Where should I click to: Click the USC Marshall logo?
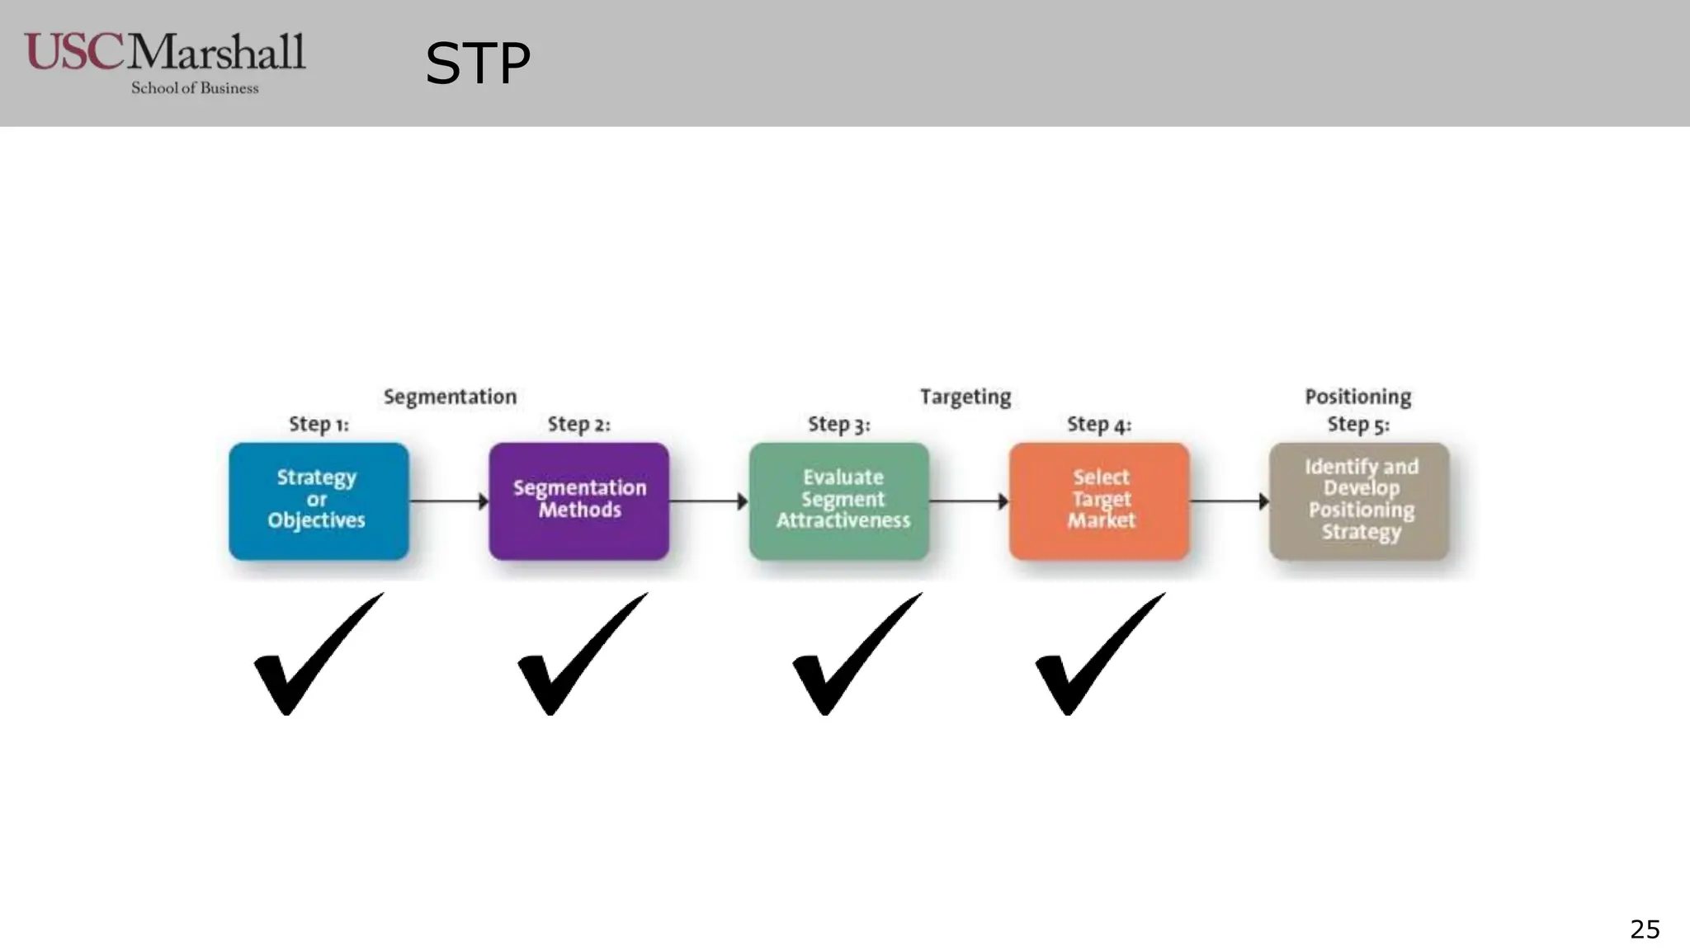point(165,54)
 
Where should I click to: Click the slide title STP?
point(477,64)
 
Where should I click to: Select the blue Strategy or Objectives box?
point(319,501)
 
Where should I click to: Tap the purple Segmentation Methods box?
point(578,501)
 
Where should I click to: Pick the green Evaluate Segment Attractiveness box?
point(839,501)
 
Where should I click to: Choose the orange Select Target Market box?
point(1099,501)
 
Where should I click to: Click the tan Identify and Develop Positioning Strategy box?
point(1359,501)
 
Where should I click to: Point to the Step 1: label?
point(319,425)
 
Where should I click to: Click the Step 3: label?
point(838,425)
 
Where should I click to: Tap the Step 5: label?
point(1358,425)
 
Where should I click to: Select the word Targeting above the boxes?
point(965,397)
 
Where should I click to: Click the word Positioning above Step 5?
point(1358,397)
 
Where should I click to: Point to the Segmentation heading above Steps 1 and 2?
point(450,397)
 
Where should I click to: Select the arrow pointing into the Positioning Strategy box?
point(1229,501)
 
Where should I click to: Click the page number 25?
point(1645,929)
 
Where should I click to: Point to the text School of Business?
point(195,88)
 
